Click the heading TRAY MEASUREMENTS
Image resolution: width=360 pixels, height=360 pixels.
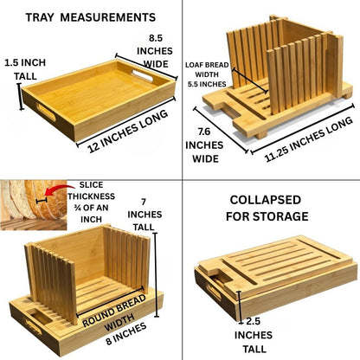(91, 17)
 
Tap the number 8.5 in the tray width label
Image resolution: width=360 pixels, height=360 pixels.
(156, 38)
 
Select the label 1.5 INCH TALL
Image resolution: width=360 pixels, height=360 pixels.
(25, 69)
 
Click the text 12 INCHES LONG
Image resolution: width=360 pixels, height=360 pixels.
(128, 132)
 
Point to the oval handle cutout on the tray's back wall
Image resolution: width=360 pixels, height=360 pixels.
(142, 74)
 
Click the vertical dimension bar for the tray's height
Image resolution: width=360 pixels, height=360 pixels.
(20, 97)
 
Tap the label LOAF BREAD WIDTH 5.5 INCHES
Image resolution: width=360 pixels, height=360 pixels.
(207, 74)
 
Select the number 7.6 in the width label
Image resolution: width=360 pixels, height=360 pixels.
(204, 132)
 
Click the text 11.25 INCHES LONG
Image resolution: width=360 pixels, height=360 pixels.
(309, 139)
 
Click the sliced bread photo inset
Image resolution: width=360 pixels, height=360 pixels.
(34, 205)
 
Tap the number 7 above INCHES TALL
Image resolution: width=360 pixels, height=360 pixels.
(144, 202)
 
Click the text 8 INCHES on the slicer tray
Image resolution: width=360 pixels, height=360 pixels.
(126, 334)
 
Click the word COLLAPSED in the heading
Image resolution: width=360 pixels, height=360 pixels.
(266, 200)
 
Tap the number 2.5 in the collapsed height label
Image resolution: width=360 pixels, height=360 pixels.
(253, 321)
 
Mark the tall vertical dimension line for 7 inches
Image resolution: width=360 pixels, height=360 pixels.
(156, 275)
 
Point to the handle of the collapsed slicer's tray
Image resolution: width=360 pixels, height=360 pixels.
(215, 292)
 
